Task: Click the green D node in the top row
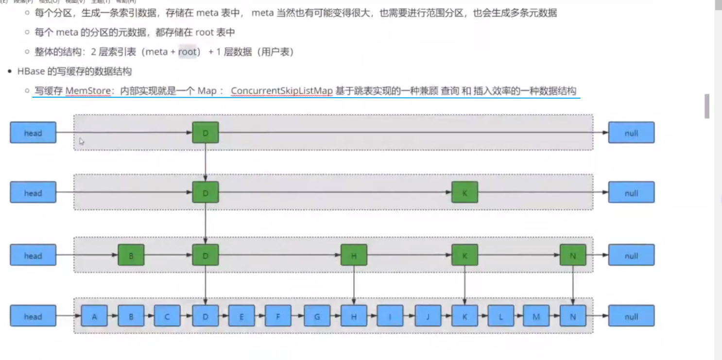point(205,133)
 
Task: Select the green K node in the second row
point(464,193)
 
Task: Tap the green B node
point(131,256)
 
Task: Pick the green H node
point(354,256)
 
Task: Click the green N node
point(573,256)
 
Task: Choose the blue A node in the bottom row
point(94,316)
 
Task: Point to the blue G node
point(317,316)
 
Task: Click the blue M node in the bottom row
point(536,316)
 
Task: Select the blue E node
point(241,316)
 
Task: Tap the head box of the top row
point(33,133)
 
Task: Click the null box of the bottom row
point(631,316)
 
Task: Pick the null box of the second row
point(631,193)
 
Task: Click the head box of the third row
point(33,256)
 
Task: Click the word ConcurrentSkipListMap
point(281,91)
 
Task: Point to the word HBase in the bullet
point(31,71)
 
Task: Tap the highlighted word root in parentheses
point(187,51)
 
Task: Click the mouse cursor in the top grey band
point(82,141)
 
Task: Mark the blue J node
point(428,316)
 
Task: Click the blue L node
point(500,316)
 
